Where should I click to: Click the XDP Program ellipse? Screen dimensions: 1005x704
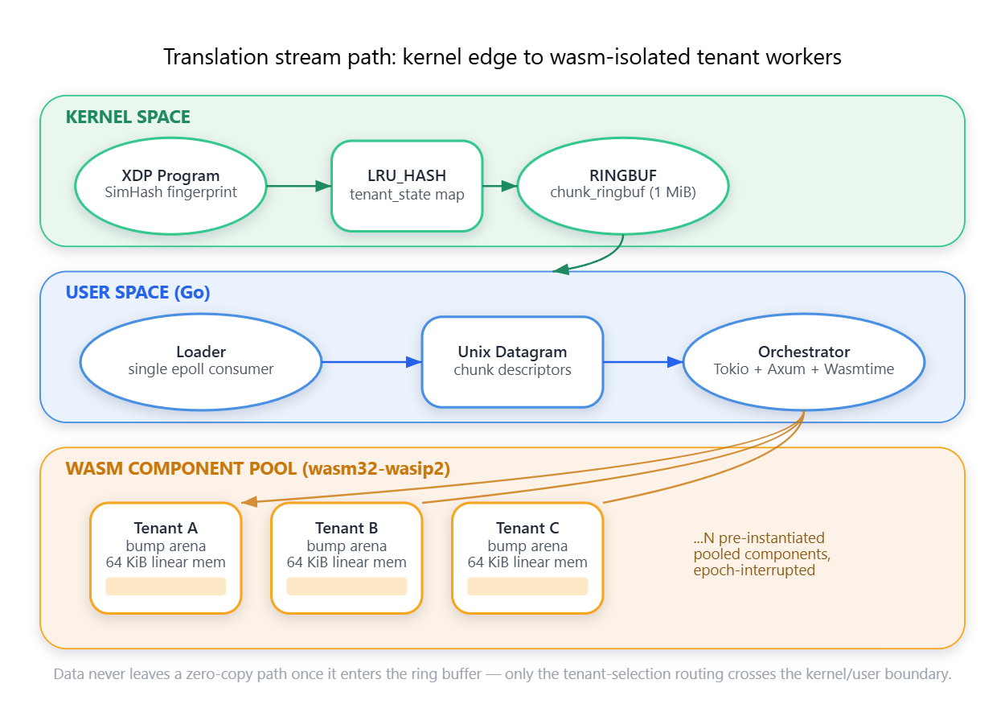coord(171,186)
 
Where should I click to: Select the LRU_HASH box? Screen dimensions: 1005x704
coord(407,186)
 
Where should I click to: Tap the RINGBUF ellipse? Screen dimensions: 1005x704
coord(623,186)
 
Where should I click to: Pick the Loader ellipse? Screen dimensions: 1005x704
coord(201,362)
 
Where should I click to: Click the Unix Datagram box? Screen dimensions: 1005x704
coord(512,362)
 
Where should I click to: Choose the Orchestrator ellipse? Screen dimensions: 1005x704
coord(804,362)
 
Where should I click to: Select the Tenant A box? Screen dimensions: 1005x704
coord(166,558)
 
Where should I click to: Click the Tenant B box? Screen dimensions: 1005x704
coord(347,558)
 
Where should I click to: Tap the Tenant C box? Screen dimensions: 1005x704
coord(527,558)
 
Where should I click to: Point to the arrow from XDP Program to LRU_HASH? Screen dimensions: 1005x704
coord(299,186)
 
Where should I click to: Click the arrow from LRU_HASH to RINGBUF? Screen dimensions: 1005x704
coord(500,186)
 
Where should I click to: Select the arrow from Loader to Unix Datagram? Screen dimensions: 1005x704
coord(372,362)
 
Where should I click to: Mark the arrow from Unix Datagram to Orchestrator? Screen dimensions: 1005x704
coord(643,362)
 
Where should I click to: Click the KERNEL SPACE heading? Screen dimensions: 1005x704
coord(128,117)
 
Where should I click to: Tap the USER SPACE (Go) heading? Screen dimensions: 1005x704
coord(137,292)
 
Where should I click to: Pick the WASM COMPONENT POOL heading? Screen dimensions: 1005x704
coord(257,469)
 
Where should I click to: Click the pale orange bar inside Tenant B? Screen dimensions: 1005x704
coord(347,587)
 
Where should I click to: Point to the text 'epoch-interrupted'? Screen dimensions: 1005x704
coord(754,570)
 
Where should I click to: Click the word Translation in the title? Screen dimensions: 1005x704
coord(215,57)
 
